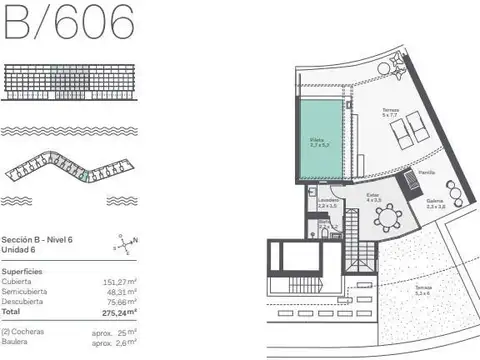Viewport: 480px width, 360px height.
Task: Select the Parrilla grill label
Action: coord(427,172)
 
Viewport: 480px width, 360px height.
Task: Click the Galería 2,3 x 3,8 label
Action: coord(435,204)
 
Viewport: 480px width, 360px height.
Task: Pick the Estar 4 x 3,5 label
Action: coord(372,197)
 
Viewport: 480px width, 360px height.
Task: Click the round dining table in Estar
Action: coord(386,217)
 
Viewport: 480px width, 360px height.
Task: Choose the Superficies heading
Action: coord(22,270)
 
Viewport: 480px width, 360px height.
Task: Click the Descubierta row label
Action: coord(26,300)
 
